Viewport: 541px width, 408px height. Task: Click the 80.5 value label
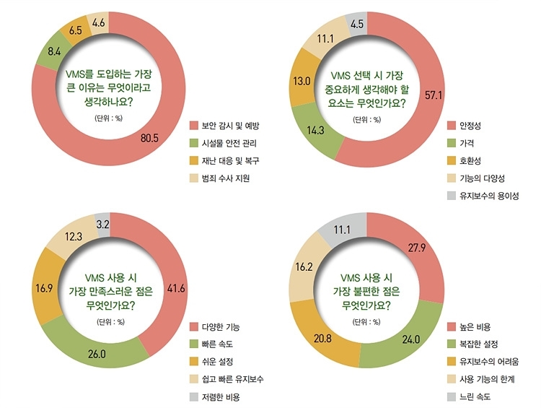(149, 138)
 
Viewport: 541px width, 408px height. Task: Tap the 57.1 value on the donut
(434, 95)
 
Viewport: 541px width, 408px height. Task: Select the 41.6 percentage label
(176, 288)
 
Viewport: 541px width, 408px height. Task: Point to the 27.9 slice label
(417, 248)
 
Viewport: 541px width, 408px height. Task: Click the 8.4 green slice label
(54, 52)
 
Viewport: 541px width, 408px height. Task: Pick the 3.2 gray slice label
(103, 225)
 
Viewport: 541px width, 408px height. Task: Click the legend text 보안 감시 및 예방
(230, 126)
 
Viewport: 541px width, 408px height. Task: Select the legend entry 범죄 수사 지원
(226, 178)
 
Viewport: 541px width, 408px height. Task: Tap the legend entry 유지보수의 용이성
(489, 196)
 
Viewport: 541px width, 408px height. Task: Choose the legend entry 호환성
(470, 160)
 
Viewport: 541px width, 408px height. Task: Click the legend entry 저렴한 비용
(221, 397)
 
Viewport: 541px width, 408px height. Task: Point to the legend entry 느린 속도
(475, 396)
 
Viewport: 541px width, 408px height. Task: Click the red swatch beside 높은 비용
(452, 327)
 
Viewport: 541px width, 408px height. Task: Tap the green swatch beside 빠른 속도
(194, 344)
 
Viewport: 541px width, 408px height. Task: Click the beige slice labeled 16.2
(304, 266)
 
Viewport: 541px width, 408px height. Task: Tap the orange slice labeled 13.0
(302, 81)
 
